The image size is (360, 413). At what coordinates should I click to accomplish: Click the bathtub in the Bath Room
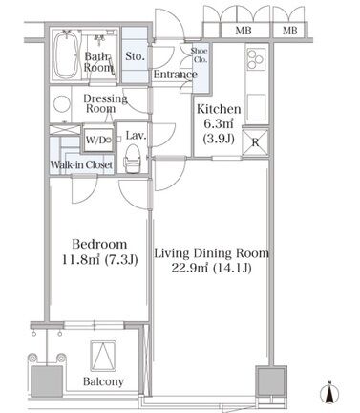(65, 54)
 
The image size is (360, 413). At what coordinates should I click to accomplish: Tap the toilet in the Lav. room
(132, 159)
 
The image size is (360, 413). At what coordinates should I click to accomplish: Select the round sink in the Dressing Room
(62, 104)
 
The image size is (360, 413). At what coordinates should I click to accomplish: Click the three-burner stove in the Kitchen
(256, 59)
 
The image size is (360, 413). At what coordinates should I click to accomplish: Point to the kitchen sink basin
(256, 106)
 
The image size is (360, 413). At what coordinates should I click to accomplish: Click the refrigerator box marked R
(255, 142)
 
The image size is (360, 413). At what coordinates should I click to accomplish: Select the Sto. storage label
(135, 56)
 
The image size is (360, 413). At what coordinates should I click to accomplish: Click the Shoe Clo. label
(199, 54)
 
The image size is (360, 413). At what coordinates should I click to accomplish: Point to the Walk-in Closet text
(81, 164)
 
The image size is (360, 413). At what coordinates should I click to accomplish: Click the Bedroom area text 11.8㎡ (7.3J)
(99, 260)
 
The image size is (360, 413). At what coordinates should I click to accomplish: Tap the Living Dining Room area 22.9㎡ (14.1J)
(211, 268)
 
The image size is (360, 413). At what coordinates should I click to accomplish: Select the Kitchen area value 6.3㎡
(219, 123)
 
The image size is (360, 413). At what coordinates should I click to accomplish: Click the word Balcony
(103, 381)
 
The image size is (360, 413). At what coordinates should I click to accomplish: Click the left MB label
(244, 31)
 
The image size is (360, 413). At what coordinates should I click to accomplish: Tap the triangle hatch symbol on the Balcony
(103, 356)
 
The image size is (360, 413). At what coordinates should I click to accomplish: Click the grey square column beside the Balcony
(47, 381)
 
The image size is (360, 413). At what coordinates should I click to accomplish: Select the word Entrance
(176, 75)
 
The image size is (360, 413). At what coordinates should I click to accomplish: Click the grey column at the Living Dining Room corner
(271, 380)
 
